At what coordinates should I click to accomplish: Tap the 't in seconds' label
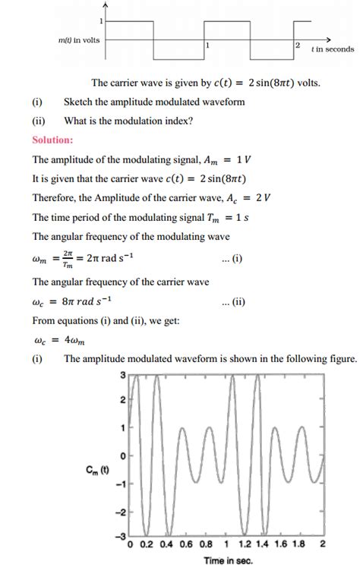(x=332, y=49)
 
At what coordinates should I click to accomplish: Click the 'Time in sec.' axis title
(x=226, y=560)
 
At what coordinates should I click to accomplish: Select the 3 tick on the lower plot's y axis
(x=123, y=376)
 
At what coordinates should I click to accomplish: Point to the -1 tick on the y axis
(x=120, y=484)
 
